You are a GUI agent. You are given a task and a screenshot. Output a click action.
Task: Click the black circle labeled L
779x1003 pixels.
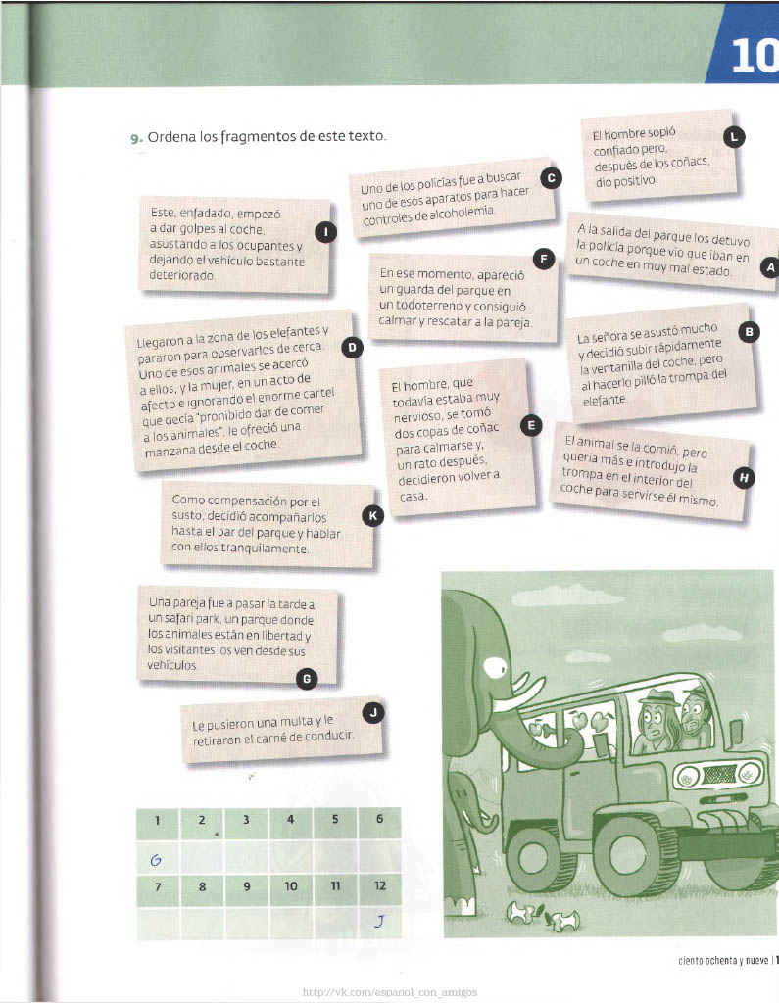click(734, 137)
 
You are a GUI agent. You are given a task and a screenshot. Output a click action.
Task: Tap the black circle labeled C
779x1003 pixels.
click(551, 178)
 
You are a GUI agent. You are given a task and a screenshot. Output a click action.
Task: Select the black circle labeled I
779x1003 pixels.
click(326, 231)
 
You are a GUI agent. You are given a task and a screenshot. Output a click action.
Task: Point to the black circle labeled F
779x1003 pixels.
click(544, 259)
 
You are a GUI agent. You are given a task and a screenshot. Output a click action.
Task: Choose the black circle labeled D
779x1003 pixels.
click(352, 348)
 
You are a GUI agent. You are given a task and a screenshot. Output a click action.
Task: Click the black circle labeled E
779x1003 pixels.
click(531, 425)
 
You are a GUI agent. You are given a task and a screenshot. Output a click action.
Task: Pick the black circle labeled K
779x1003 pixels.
click(372, 515)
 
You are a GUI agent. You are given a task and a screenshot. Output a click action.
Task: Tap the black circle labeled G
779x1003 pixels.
click(307, 679)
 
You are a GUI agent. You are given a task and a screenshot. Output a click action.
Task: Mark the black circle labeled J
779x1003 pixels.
click(373, 712)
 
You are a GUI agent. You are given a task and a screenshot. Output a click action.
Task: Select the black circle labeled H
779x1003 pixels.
click(744, 477)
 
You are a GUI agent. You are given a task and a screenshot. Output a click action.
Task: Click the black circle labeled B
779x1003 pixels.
click(749, 332)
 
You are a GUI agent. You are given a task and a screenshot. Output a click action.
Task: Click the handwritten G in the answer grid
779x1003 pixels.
click(156, 860)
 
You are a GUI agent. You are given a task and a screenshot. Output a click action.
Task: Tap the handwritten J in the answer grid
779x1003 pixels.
click(379, 921)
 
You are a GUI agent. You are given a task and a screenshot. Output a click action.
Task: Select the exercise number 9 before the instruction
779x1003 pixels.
click(136, 139)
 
